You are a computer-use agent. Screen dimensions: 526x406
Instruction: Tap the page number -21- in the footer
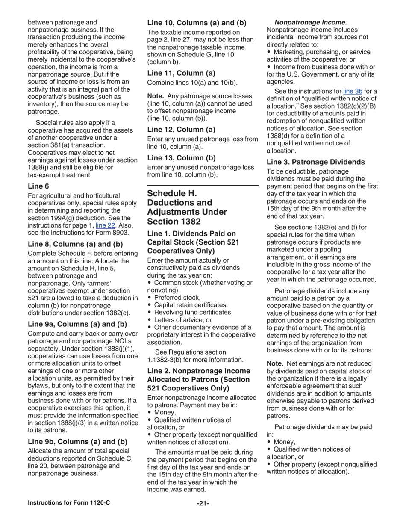(203, 503)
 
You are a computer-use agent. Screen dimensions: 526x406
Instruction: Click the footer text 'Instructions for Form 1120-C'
(69, 502)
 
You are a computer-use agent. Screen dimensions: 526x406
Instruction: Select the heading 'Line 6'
(38, 186)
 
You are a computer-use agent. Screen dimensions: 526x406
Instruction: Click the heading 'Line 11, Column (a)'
(181, 73)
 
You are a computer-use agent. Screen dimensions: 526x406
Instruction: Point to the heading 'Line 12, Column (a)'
(181, 129)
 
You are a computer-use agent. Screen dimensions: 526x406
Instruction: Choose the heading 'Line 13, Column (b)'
(181, 157)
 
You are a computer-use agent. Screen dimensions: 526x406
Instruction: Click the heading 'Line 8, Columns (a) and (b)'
(75, 244)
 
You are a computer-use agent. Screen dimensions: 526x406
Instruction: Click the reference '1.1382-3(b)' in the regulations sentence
(165, 360)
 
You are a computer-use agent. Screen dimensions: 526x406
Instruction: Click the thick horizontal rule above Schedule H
(203, 186)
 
